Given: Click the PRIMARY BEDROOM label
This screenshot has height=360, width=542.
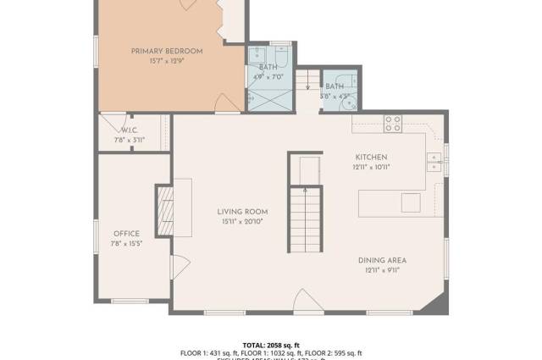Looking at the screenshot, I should tap(167, 52).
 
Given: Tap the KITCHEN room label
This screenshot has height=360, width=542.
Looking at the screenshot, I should tap(371, 158).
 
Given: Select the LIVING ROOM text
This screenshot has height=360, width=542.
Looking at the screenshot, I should tap(242, 212).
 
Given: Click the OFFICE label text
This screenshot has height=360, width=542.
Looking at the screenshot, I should tap(127, 234).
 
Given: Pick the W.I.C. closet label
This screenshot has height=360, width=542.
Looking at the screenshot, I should tap(130, 130).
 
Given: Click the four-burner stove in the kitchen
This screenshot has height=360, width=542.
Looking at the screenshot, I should tap(393, 124).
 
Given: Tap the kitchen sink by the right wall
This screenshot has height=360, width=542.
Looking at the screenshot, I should tap(434, 161).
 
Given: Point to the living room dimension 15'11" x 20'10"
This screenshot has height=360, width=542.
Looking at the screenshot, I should tap(242, 222).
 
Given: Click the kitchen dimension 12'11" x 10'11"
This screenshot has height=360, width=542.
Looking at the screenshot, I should tap(371, 168).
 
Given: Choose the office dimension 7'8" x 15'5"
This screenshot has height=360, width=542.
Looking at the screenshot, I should tap(127, 244).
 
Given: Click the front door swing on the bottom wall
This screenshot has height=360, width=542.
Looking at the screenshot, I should tap(305, 300).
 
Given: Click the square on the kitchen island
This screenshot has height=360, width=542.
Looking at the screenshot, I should tap(411, 202).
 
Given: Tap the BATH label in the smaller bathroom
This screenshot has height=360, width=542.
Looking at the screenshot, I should tap(335, 86).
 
